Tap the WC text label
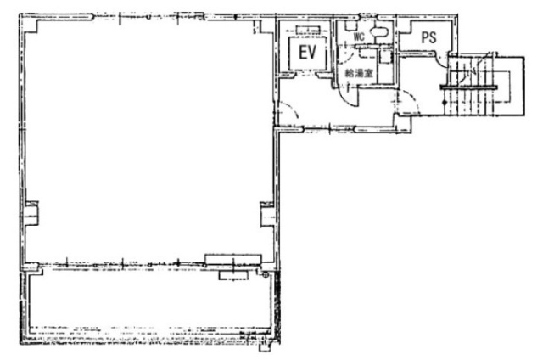pyautogui.click(x=359, y=37)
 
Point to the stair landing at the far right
pyautogui.click(x=509, y=85)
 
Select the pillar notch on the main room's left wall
pyautogui.click(x=31, y=211)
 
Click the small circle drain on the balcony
pyautogui.click(x=264, y=276)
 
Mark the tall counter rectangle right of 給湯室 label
pyautogui.click(x=386, y=67)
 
